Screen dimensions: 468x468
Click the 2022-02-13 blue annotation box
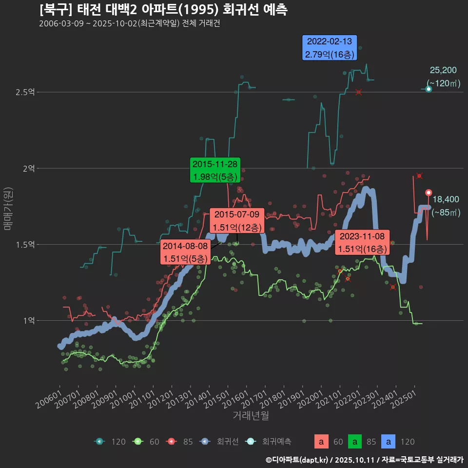pyautogui.click(x=330, y=48)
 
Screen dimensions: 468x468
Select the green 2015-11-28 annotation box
pyautogui.click(x=214, y=170)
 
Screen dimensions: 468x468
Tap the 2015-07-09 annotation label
pyautogui.click(x=237, y=221)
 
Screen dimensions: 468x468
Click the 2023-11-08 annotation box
pyautogui.click(x=362, y=243)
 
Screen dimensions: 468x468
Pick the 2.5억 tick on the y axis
pyautogui.click(x=28, y=92)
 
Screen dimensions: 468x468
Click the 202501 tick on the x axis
pyautogui.click(x=405, y=398)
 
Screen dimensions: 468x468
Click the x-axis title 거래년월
pyautogui.click(x=251, y=416)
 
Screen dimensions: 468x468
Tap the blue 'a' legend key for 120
pyautogui.click(x=389, y=442)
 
